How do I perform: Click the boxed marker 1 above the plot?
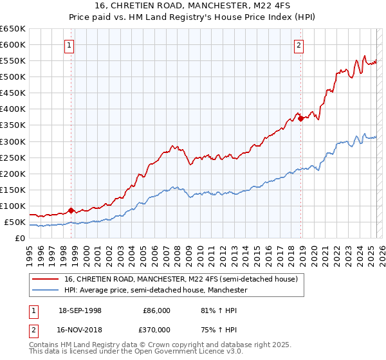point(69,45)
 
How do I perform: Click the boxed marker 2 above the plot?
point(299,45)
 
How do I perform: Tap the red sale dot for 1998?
point(71,210)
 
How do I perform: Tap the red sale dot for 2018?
point(300,118)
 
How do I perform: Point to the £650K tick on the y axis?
point(13,29)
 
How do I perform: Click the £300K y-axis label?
point(13,141)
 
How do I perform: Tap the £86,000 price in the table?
point(156,310)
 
